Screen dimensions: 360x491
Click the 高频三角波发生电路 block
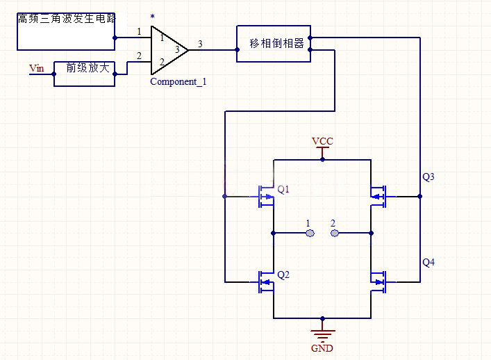65,31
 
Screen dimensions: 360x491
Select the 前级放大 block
84,72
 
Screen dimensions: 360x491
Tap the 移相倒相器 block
273,44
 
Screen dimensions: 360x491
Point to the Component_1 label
178,82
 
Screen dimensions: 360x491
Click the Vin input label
36,68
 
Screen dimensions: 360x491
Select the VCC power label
322,141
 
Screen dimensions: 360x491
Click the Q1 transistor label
283,189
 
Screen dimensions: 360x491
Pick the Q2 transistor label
283,275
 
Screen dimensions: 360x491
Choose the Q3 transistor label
428,177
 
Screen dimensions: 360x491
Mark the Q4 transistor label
428,262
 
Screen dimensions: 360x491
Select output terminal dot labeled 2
334,233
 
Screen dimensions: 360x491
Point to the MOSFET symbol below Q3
378,197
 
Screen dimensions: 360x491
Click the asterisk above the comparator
152,16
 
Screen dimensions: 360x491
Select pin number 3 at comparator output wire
200,44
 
